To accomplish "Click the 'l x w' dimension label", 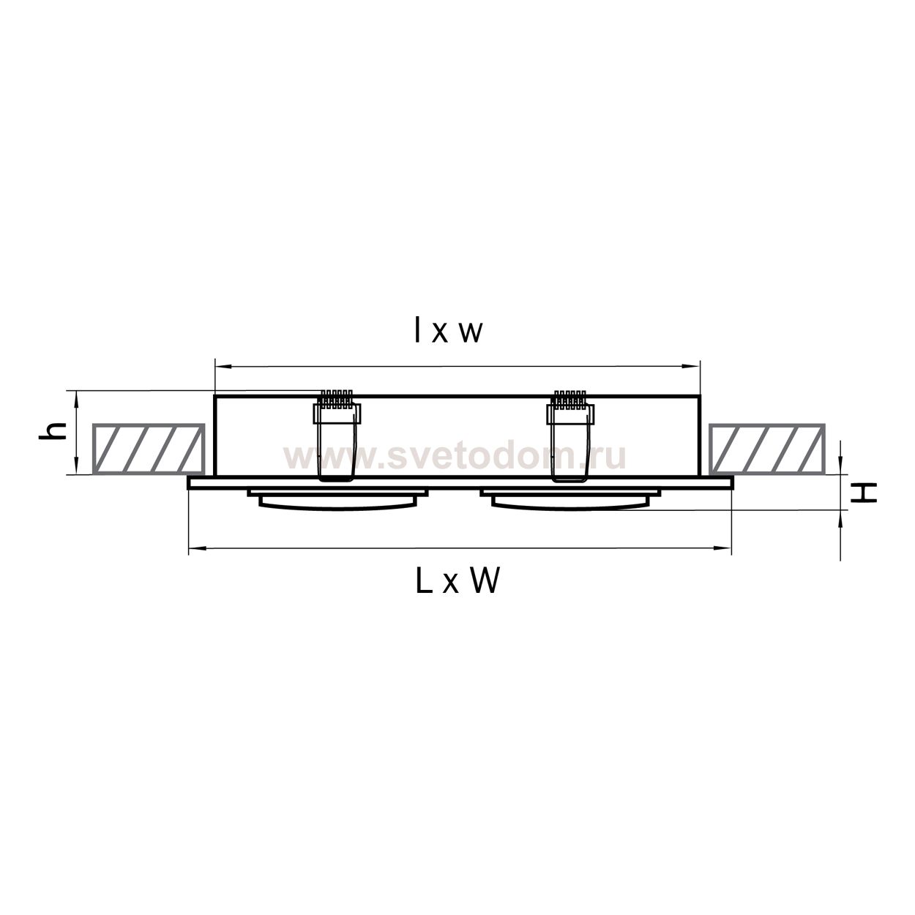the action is [449, 331].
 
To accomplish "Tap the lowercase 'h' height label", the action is [52, 430].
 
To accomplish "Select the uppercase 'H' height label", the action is [863, 493].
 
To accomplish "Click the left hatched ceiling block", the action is [148, 448].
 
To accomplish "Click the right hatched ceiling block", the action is [767, 448].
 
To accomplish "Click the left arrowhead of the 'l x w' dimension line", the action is [223, 366].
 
